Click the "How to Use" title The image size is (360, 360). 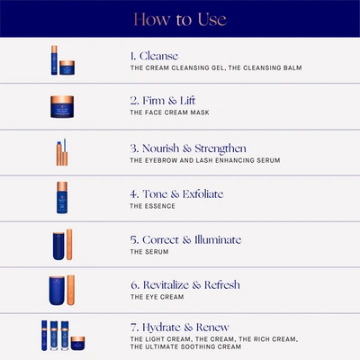click(180, 20)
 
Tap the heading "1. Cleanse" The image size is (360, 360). click(154, 56)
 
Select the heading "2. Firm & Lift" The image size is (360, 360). click(163, 101)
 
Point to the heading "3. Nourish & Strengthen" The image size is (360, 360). click(188, 148)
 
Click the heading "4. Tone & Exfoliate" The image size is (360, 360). click(176, 194)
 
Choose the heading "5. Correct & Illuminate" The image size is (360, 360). click(185, 239)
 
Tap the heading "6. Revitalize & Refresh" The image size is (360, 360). click(185, 285)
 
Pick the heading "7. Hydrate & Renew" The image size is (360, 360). click(180, 328)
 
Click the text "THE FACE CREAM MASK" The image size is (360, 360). click(169, 112)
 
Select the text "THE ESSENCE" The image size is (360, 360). click(152, 206)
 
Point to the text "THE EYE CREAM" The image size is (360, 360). click(157, 297)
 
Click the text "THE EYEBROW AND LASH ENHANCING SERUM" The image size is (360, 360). click(205, 160)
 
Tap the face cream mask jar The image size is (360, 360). click(62, 106)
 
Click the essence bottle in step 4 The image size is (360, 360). click(62, 197)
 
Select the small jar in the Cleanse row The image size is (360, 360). click(67, 67)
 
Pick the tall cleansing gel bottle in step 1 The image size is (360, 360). click(54, 60)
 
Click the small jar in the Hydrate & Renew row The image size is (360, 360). click(77, 343)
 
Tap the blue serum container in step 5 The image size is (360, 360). click(58, 246)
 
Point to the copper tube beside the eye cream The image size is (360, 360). click(71, 290)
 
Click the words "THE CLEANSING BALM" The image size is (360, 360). click(265, 67)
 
